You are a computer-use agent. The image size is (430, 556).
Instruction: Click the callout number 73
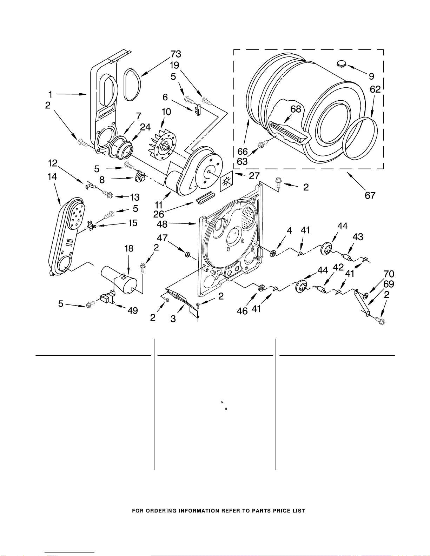[176, 54]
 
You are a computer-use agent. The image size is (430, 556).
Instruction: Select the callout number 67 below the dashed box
[370, 195]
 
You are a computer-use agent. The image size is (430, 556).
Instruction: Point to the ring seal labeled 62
[360, 138]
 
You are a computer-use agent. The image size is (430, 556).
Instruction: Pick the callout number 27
[254, 176]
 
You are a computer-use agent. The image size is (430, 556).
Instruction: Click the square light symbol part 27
[226, 181]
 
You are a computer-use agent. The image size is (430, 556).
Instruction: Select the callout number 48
[162, 224]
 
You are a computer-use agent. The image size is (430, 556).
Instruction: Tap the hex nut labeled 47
[187, 254]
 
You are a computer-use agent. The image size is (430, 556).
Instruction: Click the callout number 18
[129, 248]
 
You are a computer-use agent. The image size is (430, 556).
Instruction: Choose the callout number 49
[133, 310]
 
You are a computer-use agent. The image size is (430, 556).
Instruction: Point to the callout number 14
[52, 176]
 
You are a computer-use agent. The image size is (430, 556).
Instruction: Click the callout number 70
[389, 274]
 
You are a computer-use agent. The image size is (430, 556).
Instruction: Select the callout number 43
[358, 237]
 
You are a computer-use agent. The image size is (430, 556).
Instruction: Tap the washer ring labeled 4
[273, 254]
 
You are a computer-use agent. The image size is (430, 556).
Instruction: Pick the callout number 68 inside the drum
[296, 109]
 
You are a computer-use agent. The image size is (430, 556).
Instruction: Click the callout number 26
[158, 214]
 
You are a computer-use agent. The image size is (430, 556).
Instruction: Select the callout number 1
[51, 94]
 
